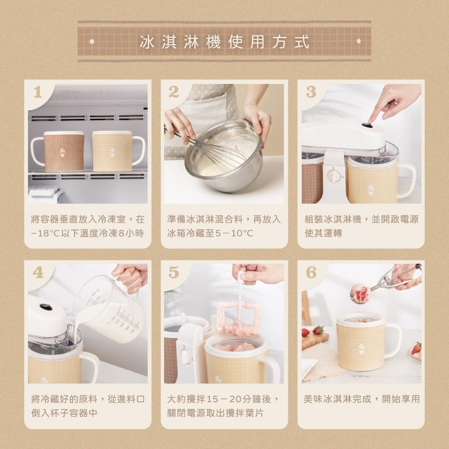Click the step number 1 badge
click(x=38, y=92)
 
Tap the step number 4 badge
click(x=38, y=273)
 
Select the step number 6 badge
click(x=311, y=273)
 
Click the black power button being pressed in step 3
click(x=367, y=125)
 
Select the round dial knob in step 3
click(x=333, y=175)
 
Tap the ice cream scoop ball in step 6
click(x=360, y=294)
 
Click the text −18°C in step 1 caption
click(x=45, y=233)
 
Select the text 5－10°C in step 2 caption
click(x=234, y=233)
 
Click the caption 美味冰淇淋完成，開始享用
click(x=361, y=399)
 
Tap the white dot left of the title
click(x=92, y=41)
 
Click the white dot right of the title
click(x=358, y=41)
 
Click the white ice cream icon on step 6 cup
click(x=361, y=348)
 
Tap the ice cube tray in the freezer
click(x=45, y=195)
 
